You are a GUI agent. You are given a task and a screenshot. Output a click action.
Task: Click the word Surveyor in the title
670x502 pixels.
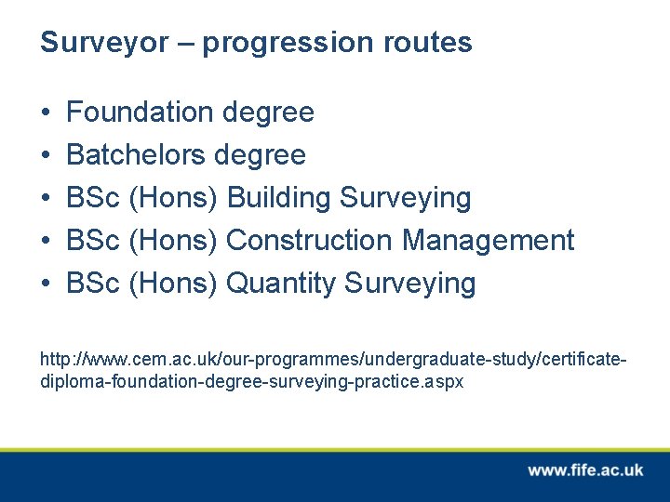[x=103, y=43]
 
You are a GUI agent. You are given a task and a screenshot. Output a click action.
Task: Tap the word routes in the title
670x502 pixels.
[x=428, y=43]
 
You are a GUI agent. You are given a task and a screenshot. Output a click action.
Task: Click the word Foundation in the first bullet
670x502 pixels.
[x=140, y=112]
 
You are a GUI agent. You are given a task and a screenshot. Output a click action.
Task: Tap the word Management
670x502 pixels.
[x=488, y=241]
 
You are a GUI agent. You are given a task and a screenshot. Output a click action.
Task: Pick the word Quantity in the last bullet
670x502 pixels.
[x=280, y=284]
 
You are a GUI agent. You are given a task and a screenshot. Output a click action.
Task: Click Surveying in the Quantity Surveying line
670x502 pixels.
[x=409, y=284]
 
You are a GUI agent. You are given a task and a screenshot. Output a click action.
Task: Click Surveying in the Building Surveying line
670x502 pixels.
[x=406, y=198]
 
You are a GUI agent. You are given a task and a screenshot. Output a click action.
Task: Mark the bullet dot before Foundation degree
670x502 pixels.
[x=46, y=113]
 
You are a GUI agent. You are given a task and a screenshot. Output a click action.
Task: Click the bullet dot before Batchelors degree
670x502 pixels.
[x=46, y=156]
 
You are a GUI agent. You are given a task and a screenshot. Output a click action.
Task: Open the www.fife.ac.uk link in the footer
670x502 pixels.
[x=585, y=470]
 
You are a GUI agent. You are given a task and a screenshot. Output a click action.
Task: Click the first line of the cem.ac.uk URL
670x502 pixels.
[x=334, y=359]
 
